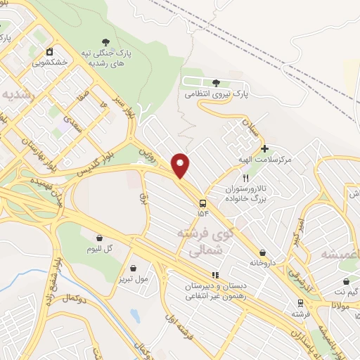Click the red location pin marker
181,165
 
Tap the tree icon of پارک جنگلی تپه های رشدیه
106,43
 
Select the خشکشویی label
50,61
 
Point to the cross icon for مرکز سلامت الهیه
264,148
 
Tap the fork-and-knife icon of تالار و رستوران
246,179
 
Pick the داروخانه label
262,262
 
